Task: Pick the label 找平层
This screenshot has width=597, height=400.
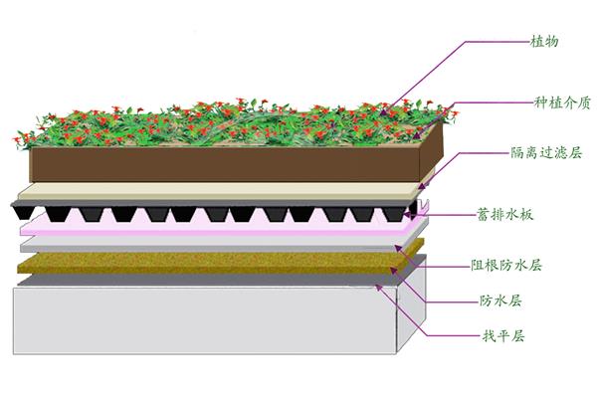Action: coord(502,335)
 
